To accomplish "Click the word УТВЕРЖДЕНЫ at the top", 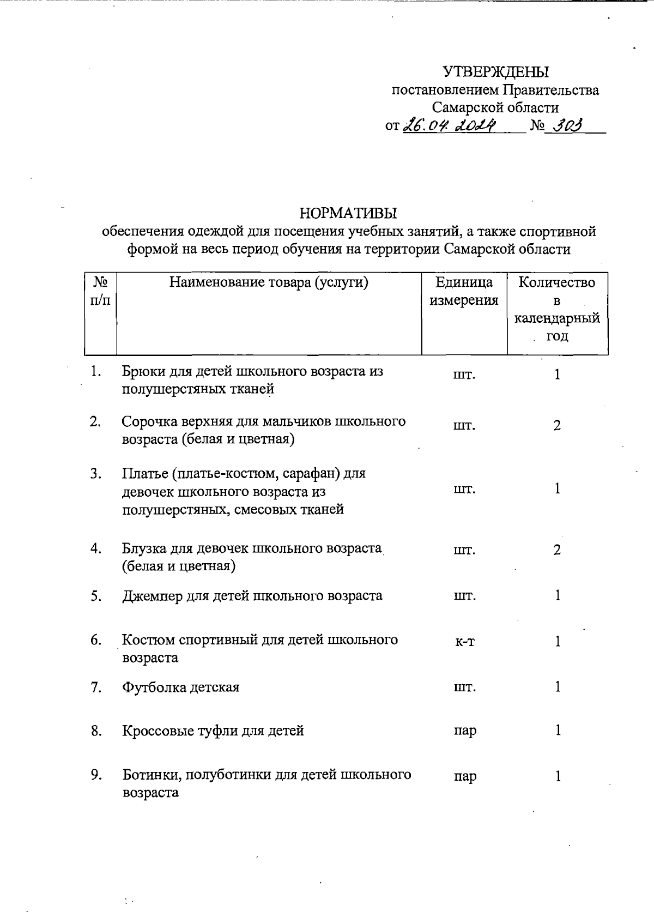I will click(495, 72).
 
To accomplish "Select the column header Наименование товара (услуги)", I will click(269, 282).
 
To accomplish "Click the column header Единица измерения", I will click(464, 291).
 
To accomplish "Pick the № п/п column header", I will click(100, 291).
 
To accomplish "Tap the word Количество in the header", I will click(556, 282).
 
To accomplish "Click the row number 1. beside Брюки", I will click(96, 372).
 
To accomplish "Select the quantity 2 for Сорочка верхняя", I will click(557, 426).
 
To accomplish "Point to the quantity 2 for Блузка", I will click(557, 550).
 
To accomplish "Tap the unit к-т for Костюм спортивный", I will click(464, 642).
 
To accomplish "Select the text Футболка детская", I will click(180, 687).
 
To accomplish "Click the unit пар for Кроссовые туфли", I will click(464, 731).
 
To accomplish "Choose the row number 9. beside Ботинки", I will click(96, 775).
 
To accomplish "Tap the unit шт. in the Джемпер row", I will click(464, 596).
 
